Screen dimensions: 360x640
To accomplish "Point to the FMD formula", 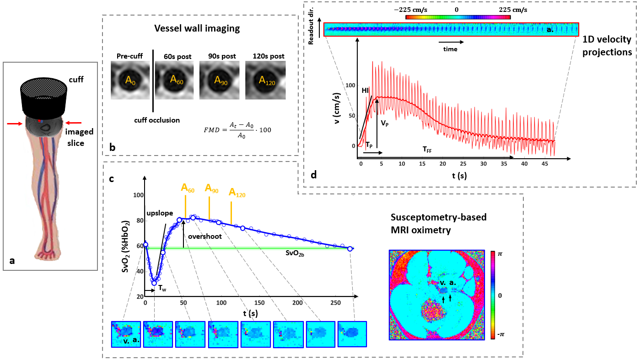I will [x=237, y=129].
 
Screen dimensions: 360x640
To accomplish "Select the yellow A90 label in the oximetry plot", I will [x=211, y=188].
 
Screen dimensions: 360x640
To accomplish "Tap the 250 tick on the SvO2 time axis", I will [x=335, y=303].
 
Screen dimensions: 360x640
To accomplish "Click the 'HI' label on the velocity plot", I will [x=366, y=91].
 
